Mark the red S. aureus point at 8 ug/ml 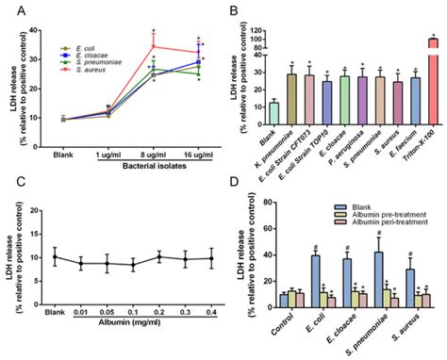coord(154,46)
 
